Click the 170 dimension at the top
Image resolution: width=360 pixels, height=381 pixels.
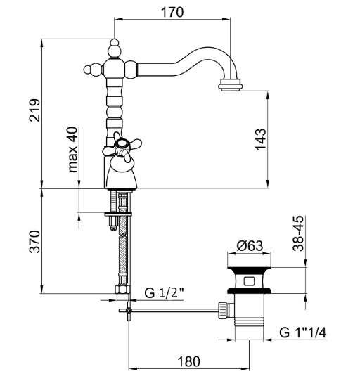pos(172,12)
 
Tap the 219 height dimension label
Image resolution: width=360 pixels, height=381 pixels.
pos(34,110)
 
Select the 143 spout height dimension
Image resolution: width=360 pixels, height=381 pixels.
pos(261,139)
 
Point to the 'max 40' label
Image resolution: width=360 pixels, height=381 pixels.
pos(73,150)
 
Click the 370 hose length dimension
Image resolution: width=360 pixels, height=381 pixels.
pos(34,242)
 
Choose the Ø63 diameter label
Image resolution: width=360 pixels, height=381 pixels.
pos(250,245)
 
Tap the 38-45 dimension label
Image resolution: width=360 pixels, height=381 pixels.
pos(298,233)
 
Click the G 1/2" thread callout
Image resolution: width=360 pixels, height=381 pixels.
pos(165,292)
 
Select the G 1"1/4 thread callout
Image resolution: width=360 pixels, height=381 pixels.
pos(302,332)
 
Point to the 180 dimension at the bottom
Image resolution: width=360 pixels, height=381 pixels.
pos(189,361)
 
